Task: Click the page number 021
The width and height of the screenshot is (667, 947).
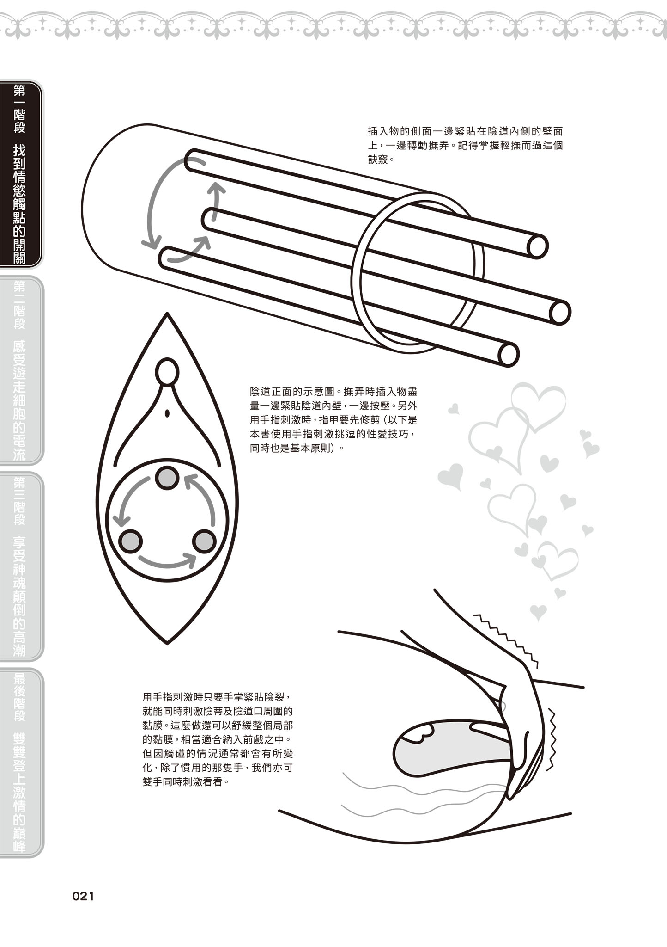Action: [x=83, y=896]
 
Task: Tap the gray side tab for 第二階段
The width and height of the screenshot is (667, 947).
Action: [x=21, y=370]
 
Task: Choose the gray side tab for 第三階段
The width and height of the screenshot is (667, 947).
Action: [x=21, y=566]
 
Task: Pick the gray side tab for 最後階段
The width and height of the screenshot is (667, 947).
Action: [x=21, y=762]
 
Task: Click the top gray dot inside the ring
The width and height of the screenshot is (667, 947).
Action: [x=166, y=478]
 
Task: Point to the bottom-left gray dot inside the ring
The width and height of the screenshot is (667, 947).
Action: [x=131, y=541]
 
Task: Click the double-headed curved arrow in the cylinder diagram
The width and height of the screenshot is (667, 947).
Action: [x=150, y=203]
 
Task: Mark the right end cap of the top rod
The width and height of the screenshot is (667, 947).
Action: [x=537, y=246]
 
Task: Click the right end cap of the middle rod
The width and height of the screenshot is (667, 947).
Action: [x=560, y=312]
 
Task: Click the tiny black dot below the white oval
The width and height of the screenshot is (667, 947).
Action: [x=168, y=413]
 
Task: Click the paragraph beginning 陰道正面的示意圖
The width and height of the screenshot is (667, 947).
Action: [x=333, y=420]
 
